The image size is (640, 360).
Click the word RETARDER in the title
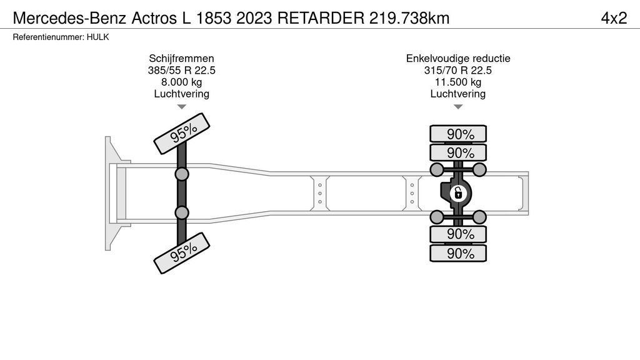pos(321,18)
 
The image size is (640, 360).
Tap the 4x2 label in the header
pos(614,18)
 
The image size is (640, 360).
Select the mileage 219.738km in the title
pos(409,18)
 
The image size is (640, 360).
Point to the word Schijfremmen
pos(182,58)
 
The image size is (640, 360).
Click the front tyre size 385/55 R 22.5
pos(182,70)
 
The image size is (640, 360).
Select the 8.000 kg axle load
pos(182,82)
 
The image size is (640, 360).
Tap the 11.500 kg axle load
pos(458,82)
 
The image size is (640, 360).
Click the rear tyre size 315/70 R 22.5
pos(458,70)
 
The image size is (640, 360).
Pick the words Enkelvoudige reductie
pos(458,58)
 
